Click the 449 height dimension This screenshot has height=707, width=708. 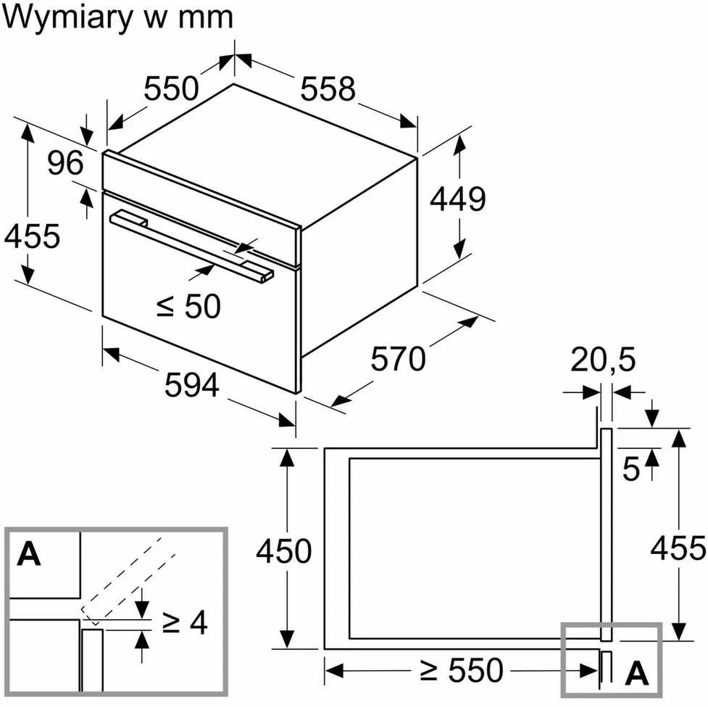click(457, 199)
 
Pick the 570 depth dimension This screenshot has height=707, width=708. click(398, 359)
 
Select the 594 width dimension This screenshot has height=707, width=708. click(192, 385)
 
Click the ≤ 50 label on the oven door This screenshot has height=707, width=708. click(188, 306)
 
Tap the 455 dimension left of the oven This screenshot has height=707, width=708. click(32, 236)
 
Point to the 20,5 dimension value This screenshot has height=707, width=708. click(603, 359)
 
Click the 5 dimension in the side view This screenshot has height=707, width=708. click(630, 468)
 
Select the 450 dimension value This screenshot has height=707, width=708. click(283, 550)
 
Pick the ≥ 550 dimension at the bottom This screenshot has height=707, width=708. click(461, 669)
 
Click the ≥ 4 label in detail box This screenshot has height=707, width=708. click(185, 623)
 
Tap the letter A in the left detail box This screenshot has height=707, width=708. click(29, 554)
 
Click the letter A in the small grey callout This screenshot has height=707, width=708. click(637, 673)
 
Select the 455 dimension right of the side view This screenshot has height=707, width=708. click(678, 548)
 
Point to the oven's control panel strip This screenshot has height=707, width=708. click(201, 208)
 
